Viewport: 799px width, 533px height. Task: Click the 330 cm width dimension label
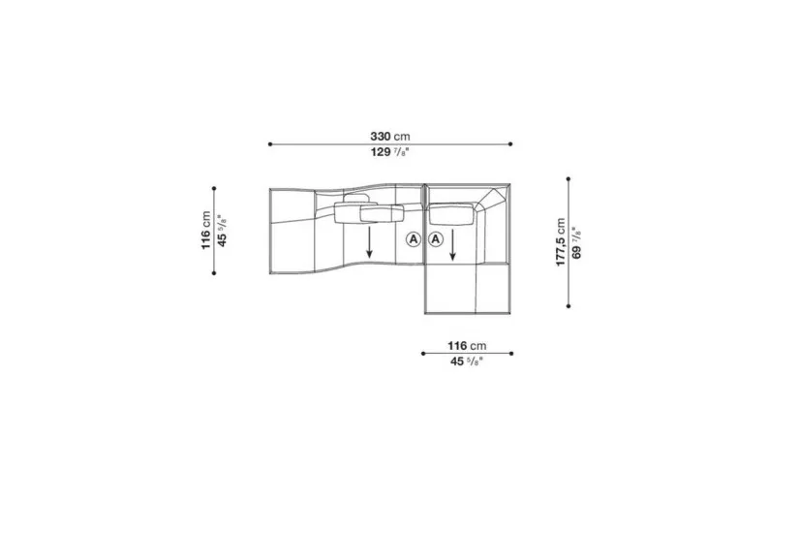click(390, 137)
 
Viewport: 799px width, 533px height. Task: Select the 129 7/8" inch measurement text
click(390, 152)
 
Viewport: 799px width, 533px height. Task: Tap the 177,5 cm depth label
click(561, 242)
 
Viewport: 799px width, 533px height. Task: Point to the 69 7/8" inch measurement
click(576, 242)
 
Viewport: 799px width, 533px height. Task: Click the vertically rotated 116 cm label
click(205, 231)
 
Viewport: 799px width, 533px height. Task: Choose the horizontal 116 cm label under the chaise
click(467, 346)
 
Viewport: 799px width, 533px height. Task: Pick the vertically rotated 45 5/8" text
click(222, 231)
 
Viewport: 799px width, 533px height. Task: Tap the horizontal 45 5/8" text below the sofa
click(467, 361)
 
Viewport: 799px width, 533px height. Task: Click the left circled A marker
click(414, 238)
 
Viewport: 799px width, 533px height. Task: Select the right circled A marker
click(436, 238)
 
